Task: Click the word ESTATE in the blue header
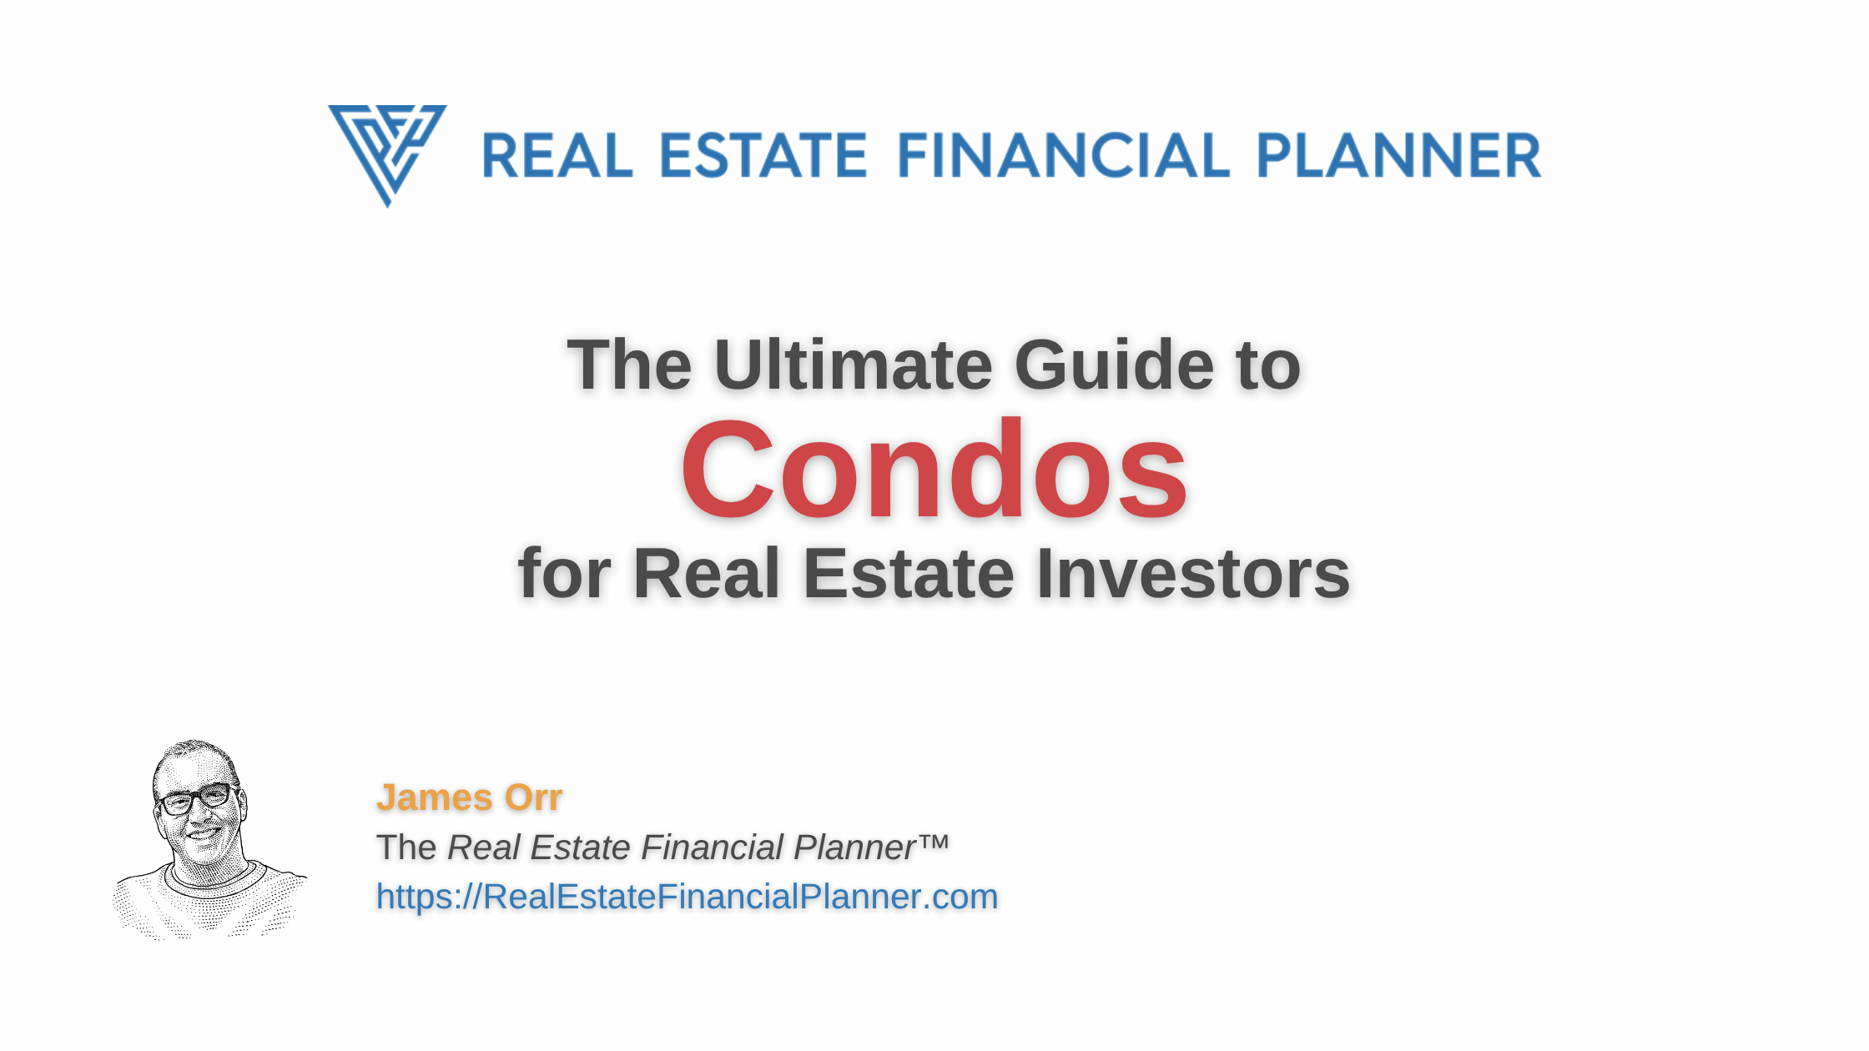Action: [x=763, y=156]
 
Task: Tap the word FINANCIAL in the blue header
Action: [x=1063, y=156]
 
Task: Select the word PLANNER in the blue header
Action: [x=1398, y=156]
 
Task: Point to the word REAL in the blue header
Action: [x=557, y=156]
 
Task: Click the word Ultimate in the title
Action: [x=853, y=365]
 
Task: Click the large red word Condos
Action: [x=934, y=470]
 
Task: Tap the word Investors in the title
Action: [x=1193, y=573]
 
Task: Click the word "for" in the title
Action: [x=565, y=573]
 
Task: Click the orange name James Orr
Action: [x=469, y=797]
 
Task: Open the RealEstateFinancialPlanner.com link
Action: [x=687, y=897]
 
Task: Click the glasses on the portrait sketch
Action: [x=195, y=798]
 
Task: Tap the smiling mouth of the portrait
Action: [x=203, y=832]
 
